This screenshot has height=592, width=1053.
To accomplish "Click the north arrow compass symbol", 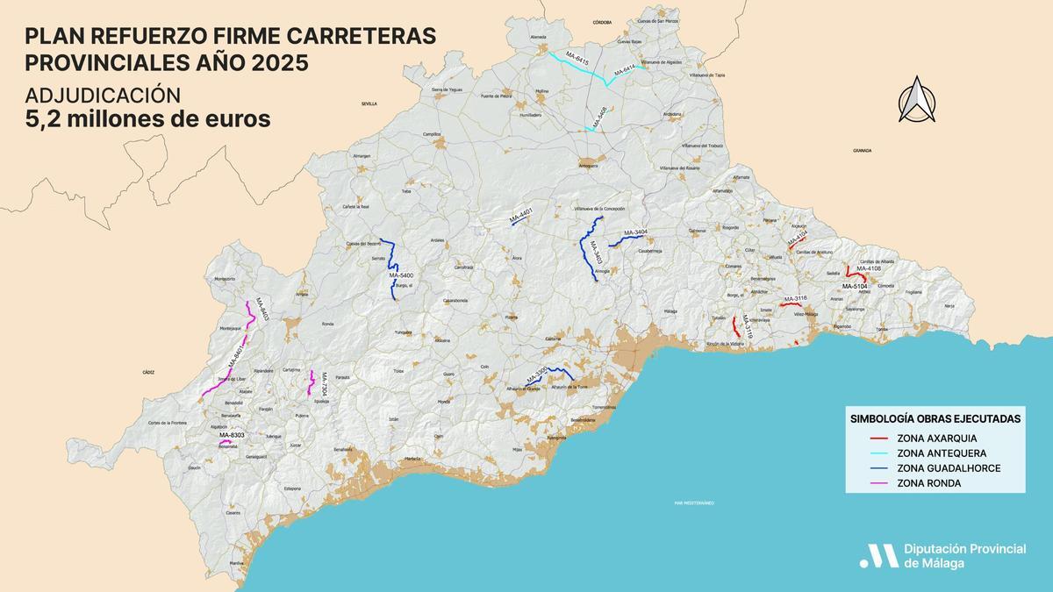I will [917, 99].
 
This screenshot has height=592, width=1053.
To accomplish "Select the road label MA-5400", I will [400, 275].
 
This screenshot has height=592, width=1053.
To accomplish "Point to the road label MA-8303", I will [232, 435].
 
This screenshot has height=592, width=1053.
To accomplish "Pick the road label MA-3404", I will [635, 232].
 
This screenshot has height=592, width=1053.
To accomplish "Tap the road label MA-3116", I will [795, 298].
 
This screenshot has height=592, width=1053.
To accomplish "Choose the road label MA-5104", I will [855, 286].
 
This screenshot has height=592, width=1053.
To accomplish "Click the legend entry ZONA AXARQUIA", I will [936, 438].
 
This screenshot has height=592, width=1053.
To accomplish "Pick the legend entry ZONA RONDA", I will [928, 483].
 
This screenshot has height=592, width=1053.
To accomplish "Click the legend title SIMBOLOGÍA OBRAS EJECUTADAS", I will [935, 418].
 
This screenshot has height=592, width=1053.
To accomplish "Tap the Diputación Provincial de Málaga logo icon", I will [878, 555].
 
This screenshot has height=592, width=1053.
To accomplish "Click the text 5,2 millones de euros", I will [147, 119].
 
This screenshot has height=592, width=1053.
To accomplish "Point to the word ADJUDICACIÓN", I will [103, 95].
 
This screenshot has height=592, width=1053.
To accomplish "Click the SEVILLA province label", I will [369, 103].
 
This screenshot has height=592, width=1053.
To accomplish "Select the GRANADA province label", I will [863, 150].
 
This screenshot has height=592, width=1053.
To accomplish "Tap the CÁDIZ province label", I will [147, 372].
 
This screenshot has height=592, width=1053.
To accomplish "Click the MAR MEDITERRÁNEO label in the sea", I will [694, 503].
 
